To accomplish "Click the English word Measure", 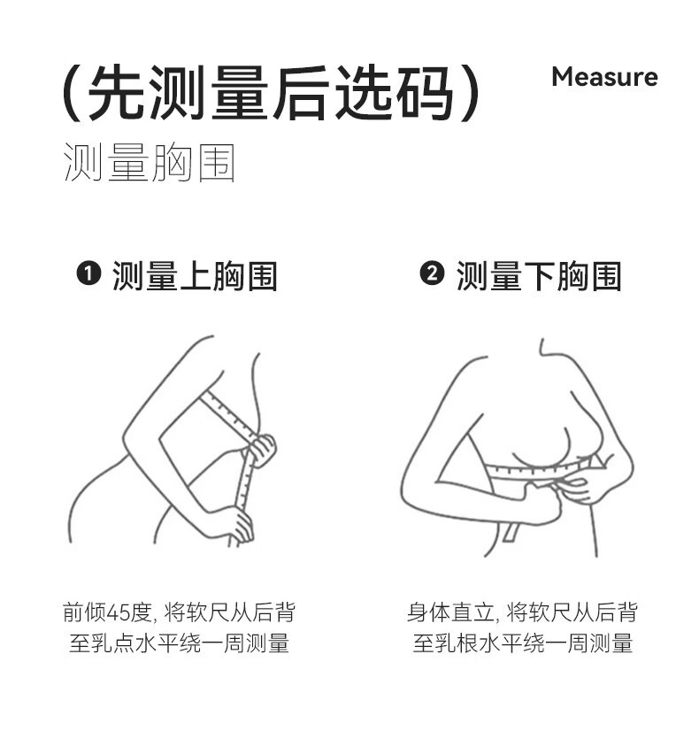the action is point(604,77).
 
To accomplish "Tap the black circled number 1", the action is point(88,273).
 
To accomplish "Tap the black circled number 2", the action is point(432,273).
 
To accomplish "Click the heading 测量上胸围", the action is point(195,276).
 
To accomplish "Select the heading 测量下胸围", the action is point(539,276).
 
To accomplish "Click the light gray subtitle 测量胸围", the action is point(149,162).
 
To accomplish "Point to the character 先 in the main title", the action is point(116,92).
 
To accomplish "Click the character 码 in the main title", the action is point(425,92).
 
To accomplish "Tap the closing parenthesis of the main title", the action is point(470,93).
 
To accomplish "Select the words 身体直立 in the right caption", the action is point(449,612).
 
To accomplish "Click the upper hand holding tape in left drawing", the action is point(262,449).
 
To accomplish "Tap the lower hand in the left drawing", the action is point(239,526).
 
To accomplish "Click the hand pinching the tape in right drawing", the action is point(578,489).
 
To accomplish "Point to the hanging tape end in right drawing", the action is point(511,533).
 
